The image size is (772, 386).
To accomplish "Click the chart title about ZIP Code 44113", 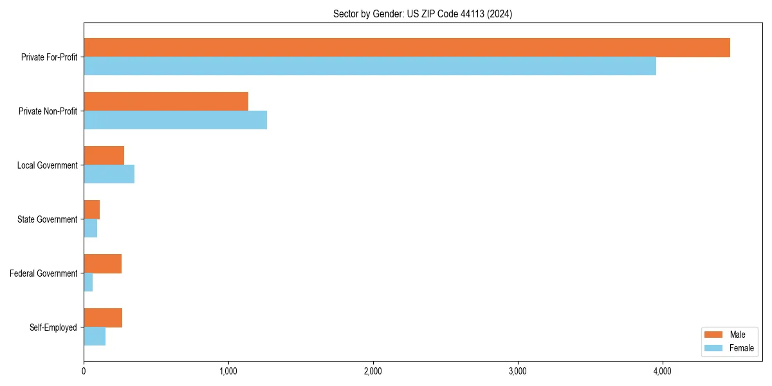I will (423, 14).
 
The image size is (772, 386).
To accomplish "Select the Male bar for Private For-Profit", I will (407, 48).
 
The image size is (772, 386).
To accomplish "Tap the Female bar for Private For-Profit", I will (370, 66).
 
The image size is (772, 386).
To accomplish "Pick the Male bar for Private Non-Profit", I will (166, 102).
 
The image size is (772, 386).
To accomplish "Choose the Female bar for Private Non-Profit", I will (175, 120).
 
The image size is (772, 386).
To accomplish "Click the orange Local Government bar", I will (104, 156).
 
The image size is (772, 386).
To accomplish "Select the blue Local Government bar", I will (109, 174).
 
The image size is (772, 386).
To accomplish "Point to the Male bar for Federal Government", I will (102, 264).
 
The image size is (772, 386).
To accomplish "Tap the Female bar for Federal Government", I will (88, 282).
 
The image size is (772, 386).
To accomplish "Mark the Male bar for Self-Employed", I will (103, 318).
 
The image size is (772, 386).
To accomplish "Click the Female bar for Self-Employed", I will (95, 336).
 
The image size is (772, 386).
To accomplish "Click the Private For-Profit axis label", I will (49, 57).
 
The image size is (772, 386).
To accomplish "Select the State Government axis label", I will (47, 219).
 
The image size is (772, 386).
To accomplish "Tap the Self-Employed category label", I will (53, 327).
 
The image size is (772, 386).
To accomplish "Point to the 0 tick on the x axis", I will (84, 371).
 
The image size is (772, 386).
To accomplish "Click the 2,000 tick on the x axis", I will (373, 371).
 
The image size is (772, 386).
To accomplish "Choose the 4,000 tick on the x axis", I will (663, 371).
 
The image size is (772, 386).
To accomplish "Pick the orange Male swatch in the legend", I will (714, 335).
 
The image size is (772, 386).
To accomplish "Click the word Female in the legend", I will (741, 348).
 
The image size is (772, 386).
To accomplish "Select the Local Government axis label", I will (47, 165).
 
